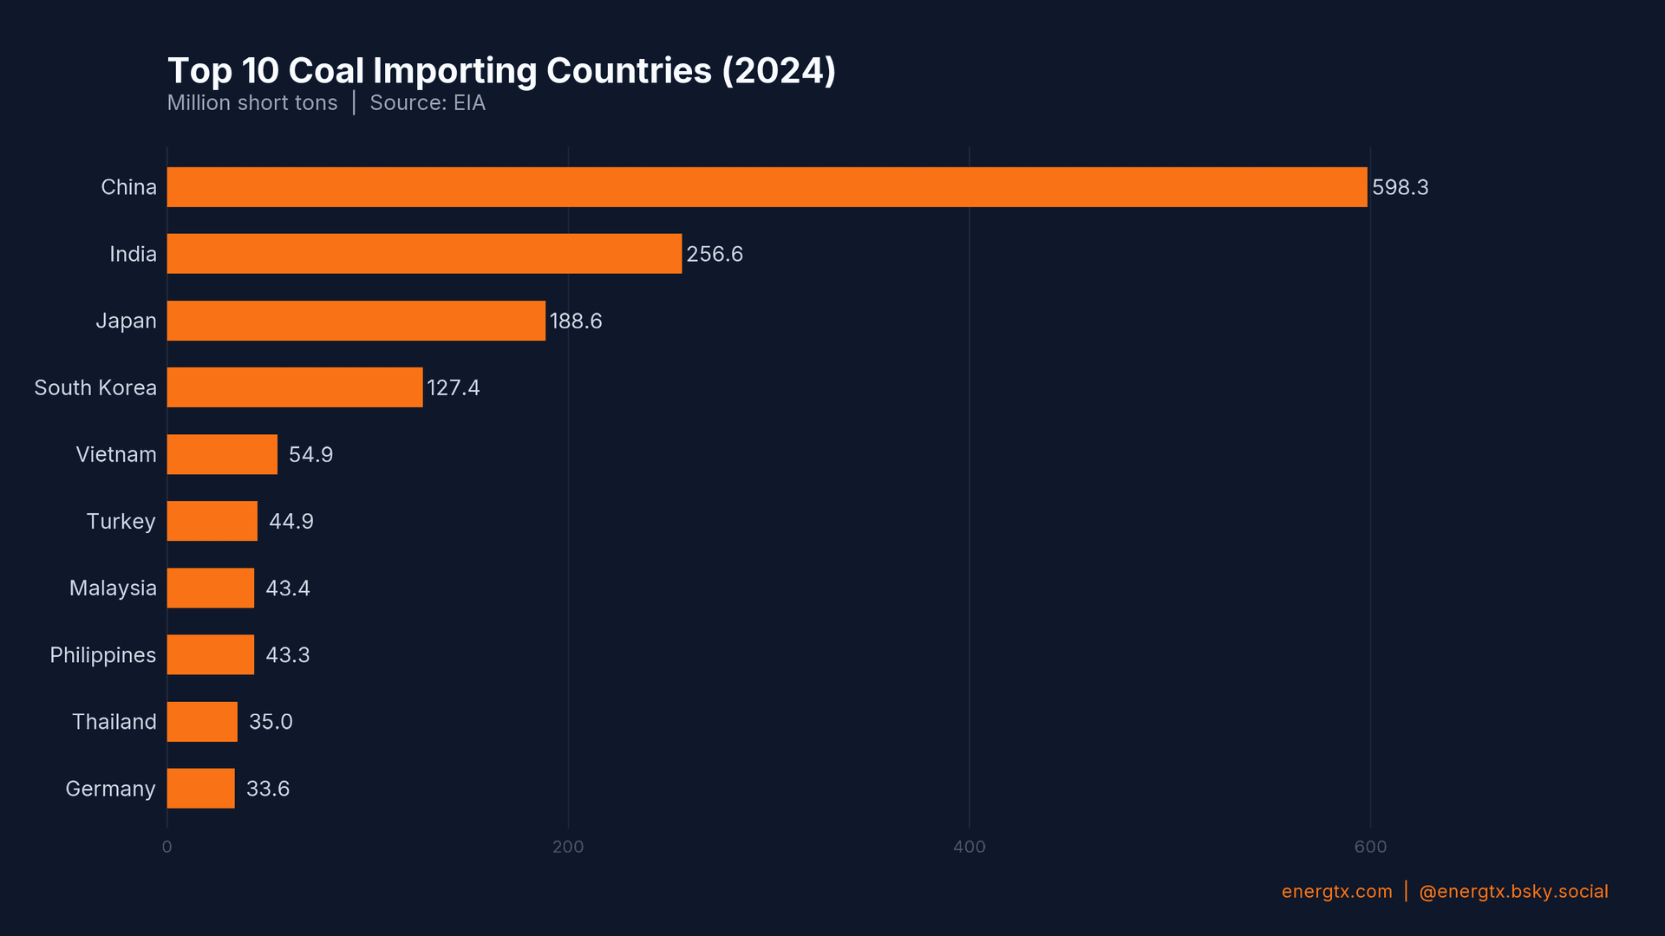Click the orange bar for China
click(x=767, y=187)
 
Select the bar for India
click(x=424, y=254)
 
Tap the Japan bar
click(x=356, y=321)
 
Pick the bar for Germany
click(x=200, y=789)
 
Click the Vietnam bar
click(x=222, y=454)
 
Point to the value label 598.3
click(x=1400, y=187)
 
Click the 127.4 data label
click(x=453, y=387)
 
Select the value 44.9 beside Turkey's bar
click(x=291, y=521)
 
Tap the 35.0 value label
click(x=271, y=722)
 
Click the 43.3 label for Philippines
click(x=287, y=655)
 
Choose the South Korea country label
click(x=95, y=387)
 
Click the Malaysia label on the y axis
click(x=113, y=588)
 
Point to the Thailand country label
click(x=114, y=722)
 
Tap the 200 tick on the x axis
click(x=568, y=847)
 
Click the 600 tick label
click(x=1370, y=847)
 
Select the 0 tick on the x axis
click(x=167, y=847)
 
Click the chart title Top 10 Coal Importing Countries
click(x=501, y=71)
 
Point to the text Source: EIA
click(x=428, y=103)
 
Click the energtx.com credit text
click(x=1336, y=892)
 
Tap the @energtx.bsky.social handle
click(x=1513, y=892)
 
